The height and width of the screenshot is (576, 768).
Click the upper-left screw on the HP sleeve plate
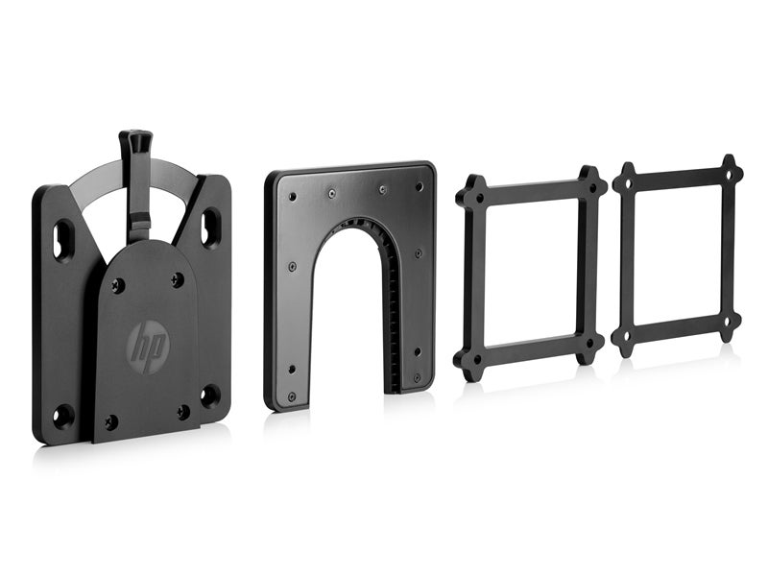click(x=117, y=283)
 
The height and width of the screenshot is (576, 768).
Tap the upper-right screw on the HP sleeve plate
click(x=177, y=280)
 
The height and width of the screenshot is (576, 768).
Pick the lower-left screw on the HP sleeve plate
click(x=111, y=420)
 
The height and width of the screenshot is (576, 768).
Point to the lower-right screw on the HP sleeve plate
click(x=183, y=411)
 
